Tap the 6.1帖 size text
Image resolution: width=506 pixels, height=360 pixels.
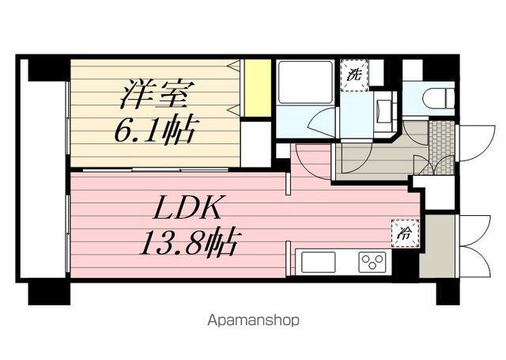[154, 129]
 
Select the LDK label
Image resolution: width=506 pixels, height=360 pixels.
[188, 207]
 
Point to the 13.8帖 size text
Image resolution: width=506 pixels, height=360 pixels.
[188, 242]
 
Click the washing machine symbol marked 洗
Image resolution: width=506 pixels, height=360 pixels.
[354, 75]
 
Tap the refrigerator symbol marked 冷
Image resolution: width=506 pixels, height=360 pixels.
[406, 233]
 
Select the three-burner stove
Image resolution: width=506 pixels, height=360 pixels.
[372, 261]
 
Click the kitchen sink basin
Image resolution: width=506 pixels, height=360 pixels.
[318, 262]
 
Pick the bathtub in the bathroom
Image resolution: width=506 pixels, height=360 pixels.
[305, 82]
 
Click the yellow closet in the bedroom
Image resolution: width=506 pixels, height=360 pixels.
[257, 88]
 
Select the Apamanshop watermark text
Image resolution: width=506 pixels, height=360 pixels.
[253, 320]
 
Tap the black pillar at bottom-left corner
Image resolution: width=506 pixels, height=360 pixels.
[49, 294]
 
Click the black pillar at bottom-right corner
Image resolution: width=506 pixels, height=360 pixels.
[448, 294]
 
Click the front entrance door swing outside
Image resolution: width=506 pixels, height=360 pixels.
[476, 143]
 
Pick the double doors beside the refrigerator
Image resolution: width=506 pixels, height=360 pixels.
[475, 245]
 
